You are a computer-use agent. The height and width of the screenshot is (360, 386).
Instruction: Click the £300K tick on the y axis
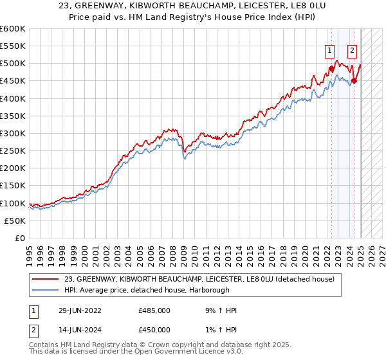pos(13,133)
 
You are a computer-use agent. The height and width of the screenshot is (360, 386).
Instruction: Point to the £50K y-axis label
pos(15,221)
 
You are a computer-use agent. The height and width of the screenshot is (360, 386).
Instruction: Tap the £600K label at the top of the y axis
pos(13,29)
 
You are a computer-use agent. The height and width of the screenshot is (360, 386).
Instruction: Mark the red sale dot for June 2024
pos(354,81)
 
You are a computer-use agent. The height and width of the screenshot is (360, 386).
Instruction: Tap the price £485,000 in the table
pos(154,310)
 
